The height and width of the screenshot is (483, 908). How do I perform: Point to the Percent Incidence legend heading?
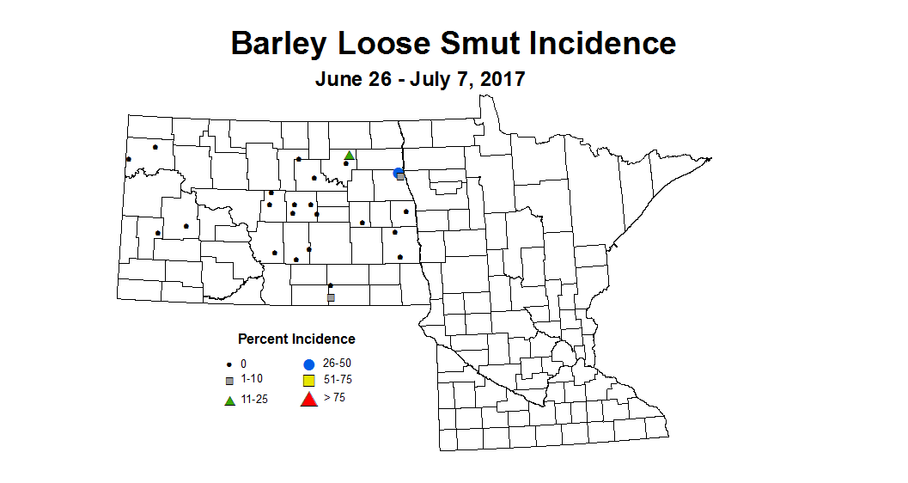296,339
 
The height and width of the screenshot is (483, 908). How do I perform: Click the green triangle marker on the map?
350,156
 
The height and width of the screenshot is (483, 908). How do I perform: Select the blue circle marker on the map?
399,173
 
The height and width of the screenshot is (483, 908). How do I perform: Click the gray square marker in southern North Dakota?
331,297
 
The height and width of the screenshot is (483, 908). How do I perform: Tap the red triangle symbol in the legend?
308,398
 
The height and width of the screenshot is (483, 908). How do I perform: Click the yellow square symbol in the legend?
308,380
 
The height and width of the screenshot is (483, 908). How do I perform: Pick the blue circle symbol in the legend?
308,364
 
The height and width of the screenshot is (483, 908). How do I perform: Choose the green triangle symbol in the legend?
230,400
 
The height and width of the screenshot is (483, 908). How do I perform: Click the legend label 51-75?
338,380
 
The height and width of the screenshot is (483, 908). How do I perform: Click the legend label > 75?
335,397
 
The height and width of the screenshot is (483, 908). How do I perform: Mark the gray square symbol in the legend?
229,380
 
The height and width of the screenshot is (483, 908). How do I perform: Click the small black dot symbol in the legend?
229,365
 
